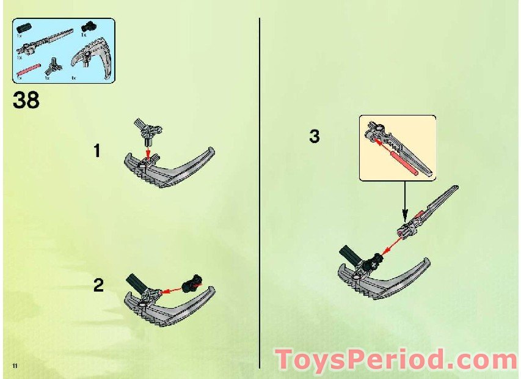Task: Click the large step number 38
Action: tap(26, 100)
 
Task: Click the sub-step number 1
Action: tap(97, 150)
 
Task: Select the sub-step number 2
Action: tap(98, 285)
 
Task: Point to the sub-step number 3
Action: tap(314, 136)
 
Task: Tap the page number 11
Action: tap(13, 365)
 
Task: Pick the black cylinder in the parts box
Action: tap(24, 28)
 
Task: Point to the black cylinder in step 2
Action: tap(136, 282)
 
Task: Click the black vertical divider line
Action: tap(260, 183)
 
